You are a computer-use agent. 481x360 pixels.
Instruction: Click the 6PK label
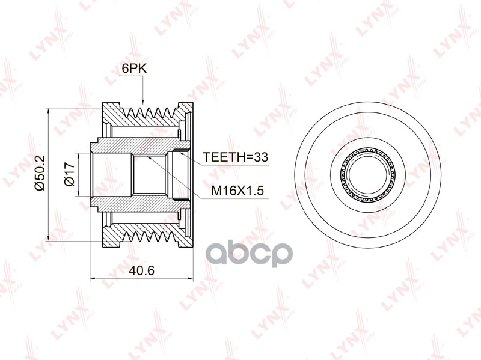coord(134,69)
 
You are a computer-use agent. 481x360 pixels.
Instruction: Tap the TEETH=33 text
coord(236,157)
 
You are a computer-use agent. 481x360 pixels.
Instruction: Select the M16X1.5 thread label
coord(237,191)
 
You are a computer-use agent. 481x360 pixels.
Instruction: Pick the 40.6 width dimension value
coord(142,270)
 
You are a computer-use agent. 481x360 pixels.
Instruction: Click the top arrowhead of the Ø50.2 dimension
coord(49,112)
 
